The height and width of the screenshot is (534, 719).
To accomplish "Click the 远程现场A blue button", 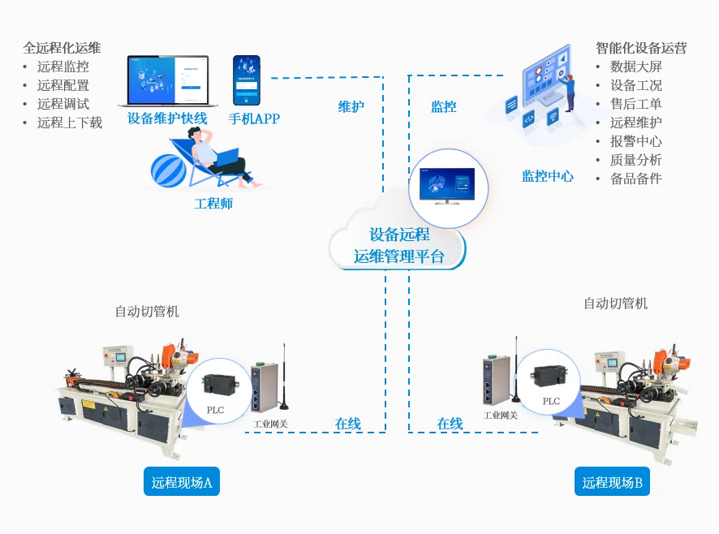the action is click(182, 481).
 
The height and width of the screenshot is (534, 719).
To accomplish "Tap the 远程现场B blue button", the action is click(612, 481).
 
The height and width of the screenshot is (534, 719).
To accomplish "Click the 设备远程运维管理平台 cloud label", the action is click(399, 245).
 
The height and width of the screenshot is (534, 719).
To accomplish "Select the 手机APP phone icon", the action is click(247, 80).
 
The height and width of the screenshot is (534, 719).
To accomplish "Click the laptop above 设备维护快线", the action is click(168, 81).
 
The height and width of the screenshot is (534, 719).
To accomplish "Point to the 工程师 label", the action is click(213, 203).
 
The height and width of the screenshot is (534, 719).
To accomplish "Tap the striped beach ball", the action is click(168, 170).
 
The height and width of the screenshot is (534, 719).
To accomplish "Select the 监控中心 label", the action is click(548, 176).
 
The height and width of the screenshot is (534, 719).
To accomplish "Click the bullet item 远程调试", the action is click(63, 104).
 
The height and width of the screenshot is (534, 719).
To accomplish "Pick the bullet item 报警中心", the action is click(636, 141).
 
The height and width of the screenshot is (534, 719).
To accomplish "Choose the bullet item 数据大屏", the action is click(636, 67).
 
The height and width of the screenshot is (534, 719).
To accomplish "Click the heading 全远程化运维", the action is click(62, 48).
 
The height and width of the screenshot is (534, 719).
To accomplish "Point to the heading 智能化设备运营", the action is click(641, 48).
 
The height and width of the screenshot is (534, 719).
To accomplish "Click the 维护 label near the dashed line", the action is click(351, 107).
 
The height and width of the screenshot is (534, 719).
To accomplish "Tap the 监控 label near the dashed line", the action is click(443, 107).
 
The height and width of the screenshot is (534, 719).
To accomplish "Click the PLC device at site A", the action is click(219, 384).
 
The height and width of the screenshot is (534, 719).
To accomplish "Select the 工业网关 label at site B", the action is click(500, 416).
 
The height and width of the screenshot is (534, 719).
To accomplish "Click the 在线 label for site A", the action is click(348, 424).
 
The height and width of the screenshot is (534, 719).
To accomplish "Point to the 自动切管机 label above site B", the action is click(615, 304).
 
